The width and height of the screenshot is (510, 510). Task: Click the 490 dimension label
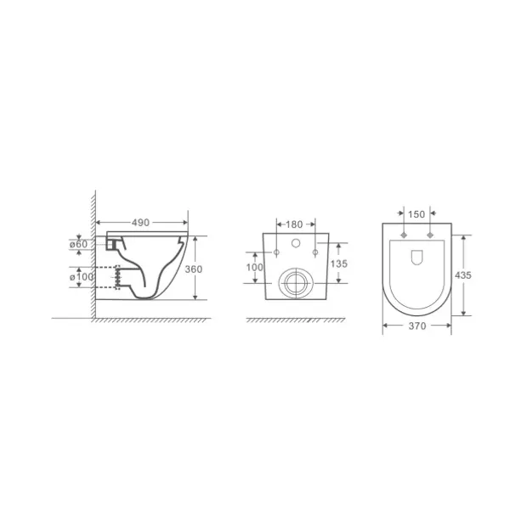click(140, 223)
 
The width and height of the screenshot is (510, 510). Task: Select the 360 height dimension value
click(194, 269)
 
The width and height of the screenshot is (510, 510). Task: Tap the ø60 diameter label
click(78, 244)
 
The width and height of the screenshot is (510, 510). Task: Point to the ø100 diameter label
click(82, 277)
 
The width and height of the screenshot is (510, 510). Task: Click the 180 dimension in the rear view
click(294, 224)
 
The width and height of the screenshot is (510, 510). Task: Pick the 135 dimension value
click(339, 263)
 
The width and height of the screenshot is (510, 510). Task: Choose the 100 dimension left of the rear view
click(255, 268)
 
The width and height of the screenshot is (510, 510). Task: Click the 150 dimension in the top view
click(416, 214)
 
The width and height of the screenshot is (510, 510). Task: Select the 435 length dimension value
click(463, 275)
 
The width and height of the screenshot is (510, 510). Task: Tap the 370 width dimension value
click(417, 326)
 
